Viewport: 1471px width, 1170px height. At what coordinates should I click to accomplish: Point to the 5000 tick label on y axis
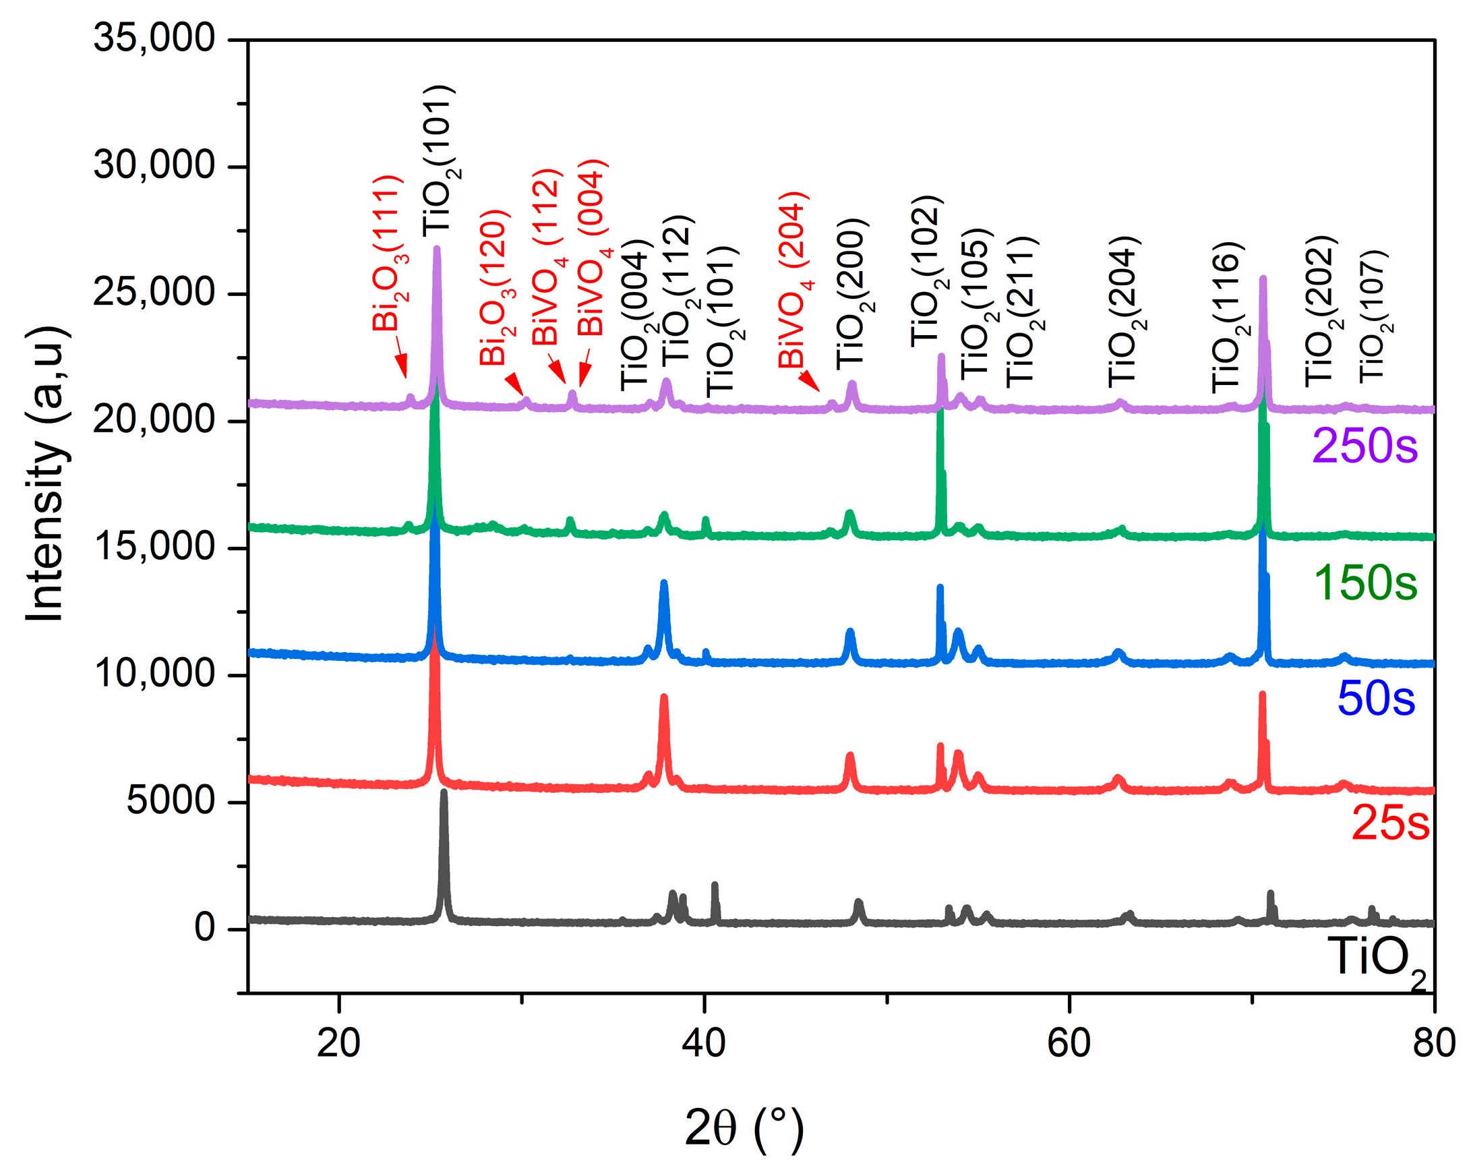click(x=171, y=800)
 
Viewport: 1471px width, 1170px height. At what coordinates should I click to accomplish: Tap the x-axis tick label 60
click(x=1069, y=1043)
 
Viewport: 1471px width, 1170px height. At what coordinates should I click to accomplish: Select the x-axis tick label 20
click(x=338, y=1043)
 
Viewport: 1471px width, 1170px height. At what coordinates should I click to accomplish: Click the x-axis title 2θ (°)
click(x=744, y=1129)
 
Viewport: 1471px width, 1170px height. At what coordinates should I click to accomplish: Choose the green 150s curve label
click(x=1365, y=583)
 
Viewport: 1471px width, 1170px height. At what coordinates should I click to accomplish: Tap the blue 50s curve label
click(x=1376, y=698)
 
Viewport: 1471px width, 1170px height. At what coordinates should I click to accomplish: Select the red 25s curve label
click(x=1391, y=823)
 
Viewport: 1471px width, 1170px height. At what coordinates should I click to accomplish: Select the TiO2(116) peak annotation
click(x=1228, y=318)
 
